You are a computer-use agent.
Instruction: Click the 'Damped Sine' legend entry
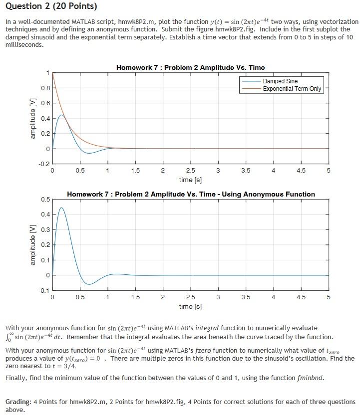point(280,81)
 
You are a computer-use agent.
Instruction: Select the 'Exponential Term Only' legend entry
point(292,89)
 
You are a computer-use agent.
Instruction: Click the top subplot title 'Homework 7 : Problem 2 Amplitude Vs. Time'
point(190,67)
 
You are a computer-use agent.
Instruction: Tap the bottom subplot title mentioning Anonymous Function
point(191,194)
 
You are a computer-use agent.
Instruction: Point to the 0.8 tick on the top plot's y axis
point(45,88)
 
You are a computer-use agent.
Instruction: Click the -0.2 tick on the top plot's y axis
point(44,164)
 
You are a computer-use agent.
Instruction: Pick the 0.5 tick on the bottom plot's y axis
point(45,200)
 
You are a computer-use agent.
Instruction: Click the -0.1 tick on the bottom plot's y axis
point(44,290)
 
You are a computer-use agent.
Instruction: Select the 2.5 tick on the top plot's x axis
point(190,171)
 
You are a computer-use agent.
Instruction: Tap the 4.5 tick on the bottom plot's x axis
point(301,297)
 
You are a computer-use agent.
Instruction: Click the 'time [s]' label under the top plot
point(190,180)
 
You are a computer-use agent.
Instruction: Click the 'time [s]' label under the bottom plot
point(190,306)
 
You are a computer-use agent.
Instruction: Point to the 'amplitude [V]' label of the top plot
point(33,118)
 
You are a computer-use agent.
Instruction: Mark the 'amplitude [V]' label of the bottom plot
point(33,245)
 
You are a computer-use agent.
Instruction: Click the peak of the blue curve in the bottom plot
point(61,208)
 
